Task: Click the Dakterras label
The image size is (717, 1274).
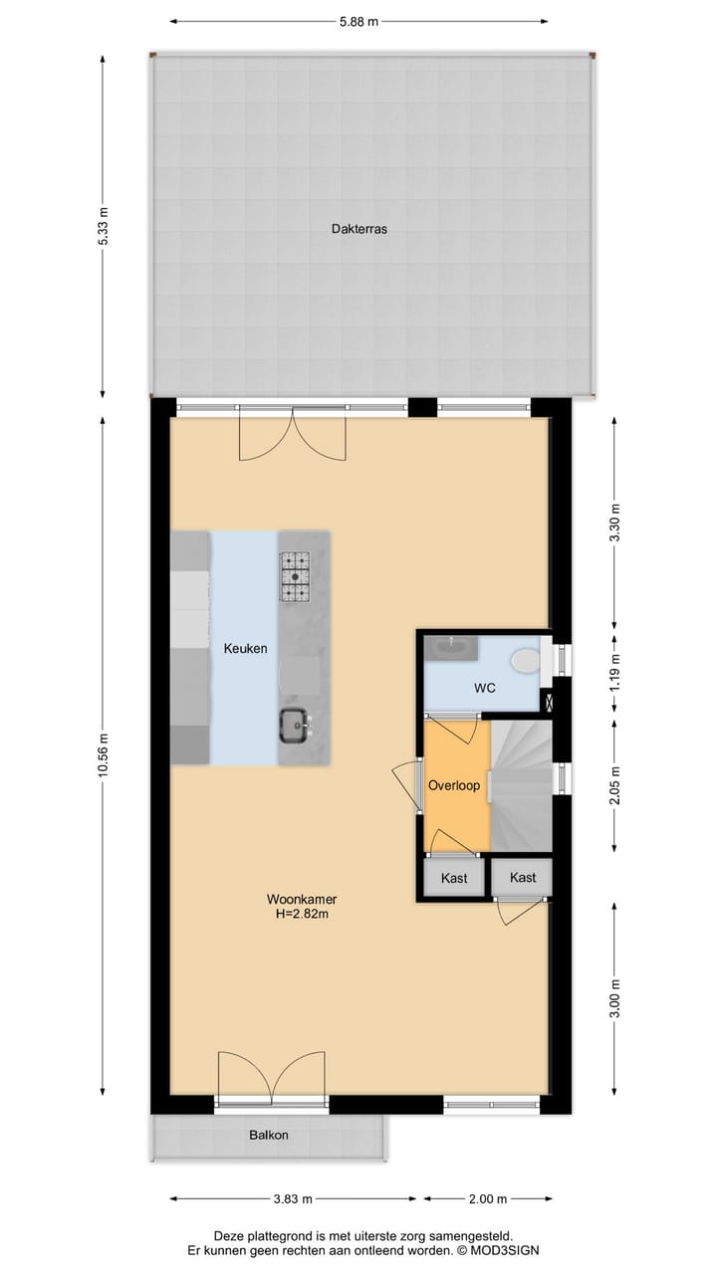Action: [358, 229]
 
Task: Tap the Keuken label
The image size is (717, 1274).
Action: [245, 649]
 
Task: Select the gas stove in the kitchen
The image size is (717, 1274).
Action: [295, 577]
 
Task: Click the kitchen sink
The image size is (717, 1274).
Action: [294, 724]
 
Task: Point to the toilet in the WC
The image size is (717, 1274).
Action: [524, 661]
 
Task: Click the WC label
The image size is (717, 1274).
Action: [485, 688]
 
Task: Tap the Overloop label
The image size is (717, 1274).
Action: [454, 785]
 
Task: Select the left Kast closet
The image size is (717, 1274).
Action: [454, 878]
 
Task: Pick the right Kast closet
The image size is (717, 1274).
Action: [522, 877]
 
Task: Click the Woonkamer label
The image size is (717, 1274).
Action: [301, 900]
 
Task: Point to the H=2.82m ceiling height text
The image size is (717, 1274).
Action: [302, 915]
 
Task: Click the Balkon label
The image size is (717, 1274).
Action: [269, 1135]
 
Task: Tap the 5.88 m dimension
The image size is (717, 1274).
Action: [358, 20]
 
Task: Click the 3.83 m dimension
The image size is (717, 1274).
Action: [294, 1198]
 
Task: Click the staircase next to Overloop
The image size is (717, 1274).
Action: [520, 782]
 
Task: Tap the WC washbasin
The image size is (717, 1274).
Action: [453, 648]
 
